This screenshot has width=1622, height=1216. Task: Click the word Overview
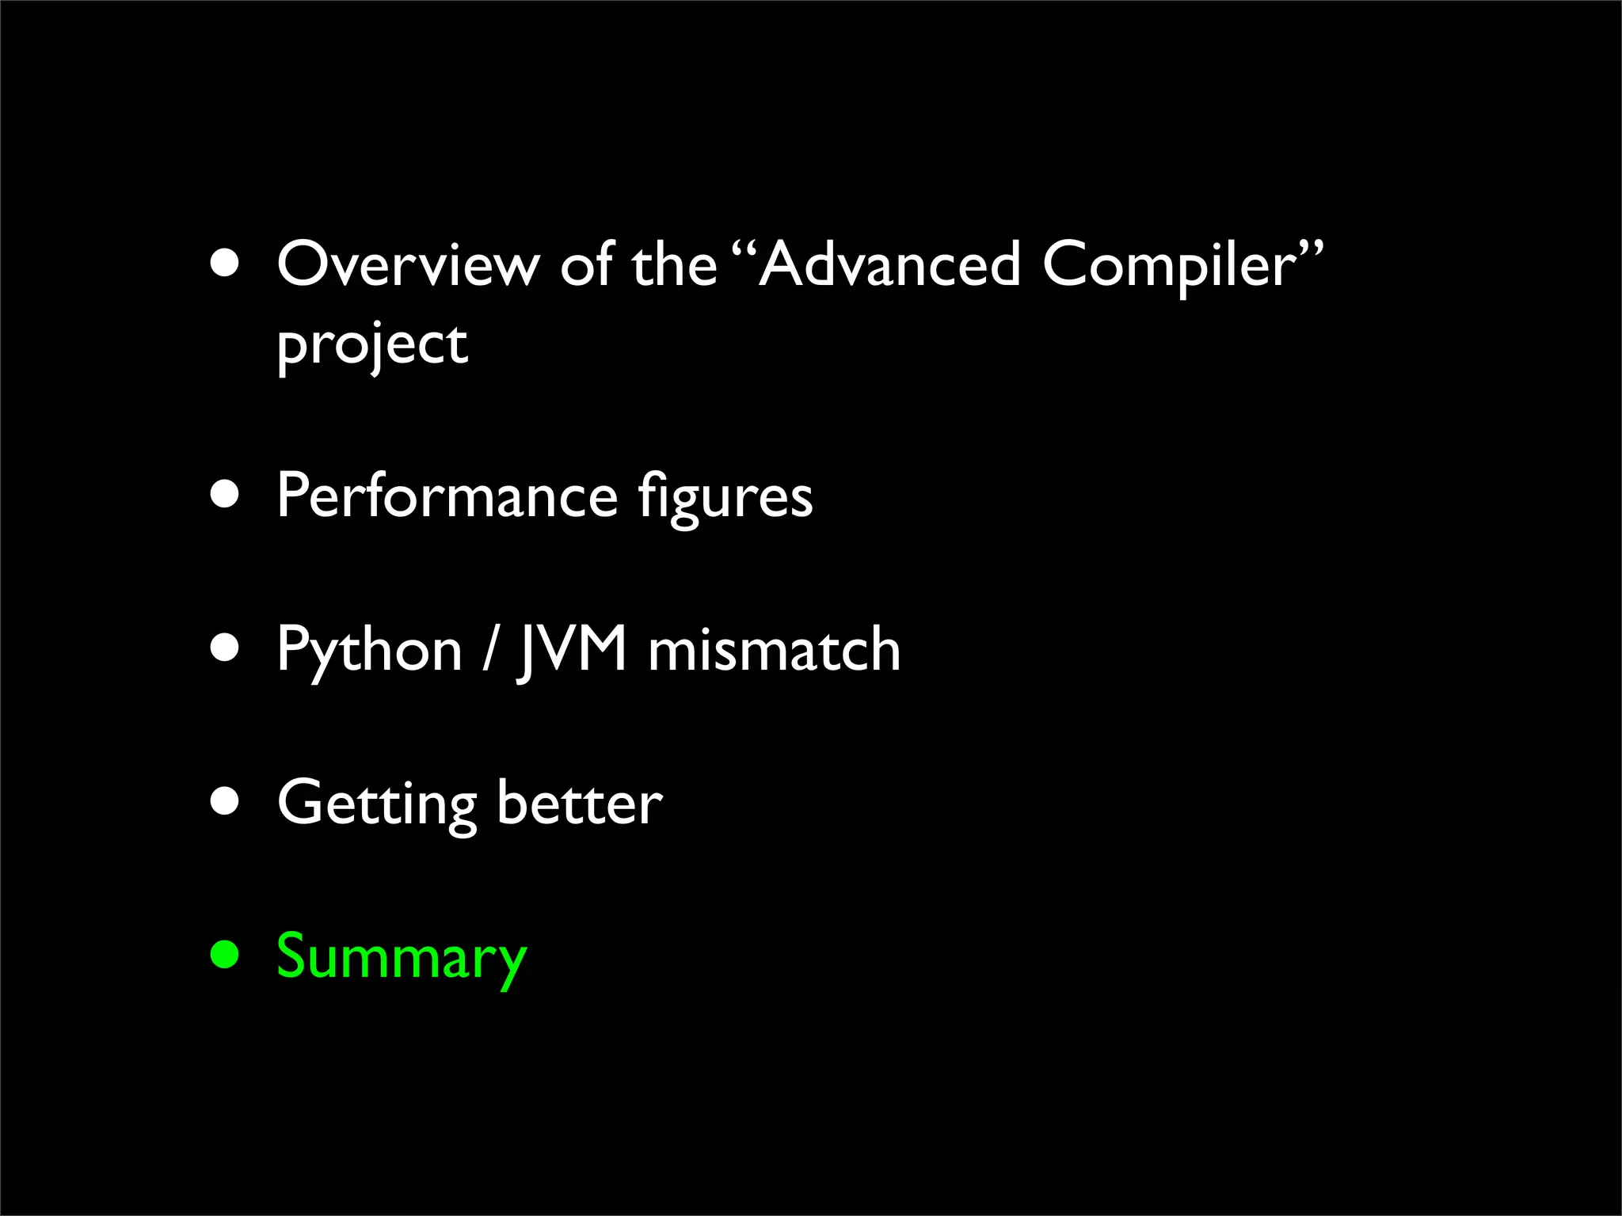click(x=407, y=264)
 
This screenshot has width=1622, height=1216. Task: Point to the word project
click(x=372, y=345)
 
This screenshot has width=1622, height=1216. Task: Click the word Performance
click(x=447, y=496)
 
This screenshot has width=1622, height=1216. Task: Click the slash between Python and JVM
click(x=491, y=649)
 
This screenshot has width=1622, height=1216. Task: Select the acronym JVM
click(x=573, y=649)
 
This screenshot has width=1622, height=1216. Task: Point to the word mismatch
click(x=774, y=649)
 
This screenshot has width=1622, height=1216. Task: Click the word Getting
click(x=377, y=804)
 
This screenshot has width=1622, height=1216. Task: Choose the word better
click(x=580, y=803)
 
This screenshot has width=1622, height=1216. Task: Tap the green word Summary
click(x=402, y=958)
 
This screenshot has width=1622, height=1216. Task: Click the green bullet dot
click(x=225, y=954)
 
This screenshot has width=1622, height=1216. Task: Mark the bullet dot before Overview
click(x=225, y=264)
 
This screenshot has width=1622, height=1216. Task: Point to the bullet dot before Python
click(x=225, y=648)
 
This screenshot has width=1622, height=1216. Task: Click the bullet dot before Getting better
click(x=225, y=801)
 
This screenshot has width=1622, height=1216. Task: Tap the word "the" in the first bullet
click(x=674, y=264)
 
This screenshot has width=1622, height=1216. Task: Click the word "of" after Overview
click(x=587, y=264)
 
